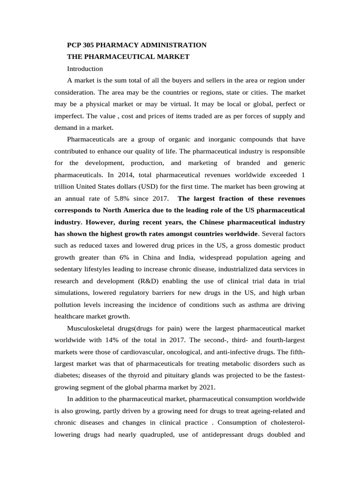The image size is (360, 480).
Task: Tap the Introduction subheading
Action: coord(85,68)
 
